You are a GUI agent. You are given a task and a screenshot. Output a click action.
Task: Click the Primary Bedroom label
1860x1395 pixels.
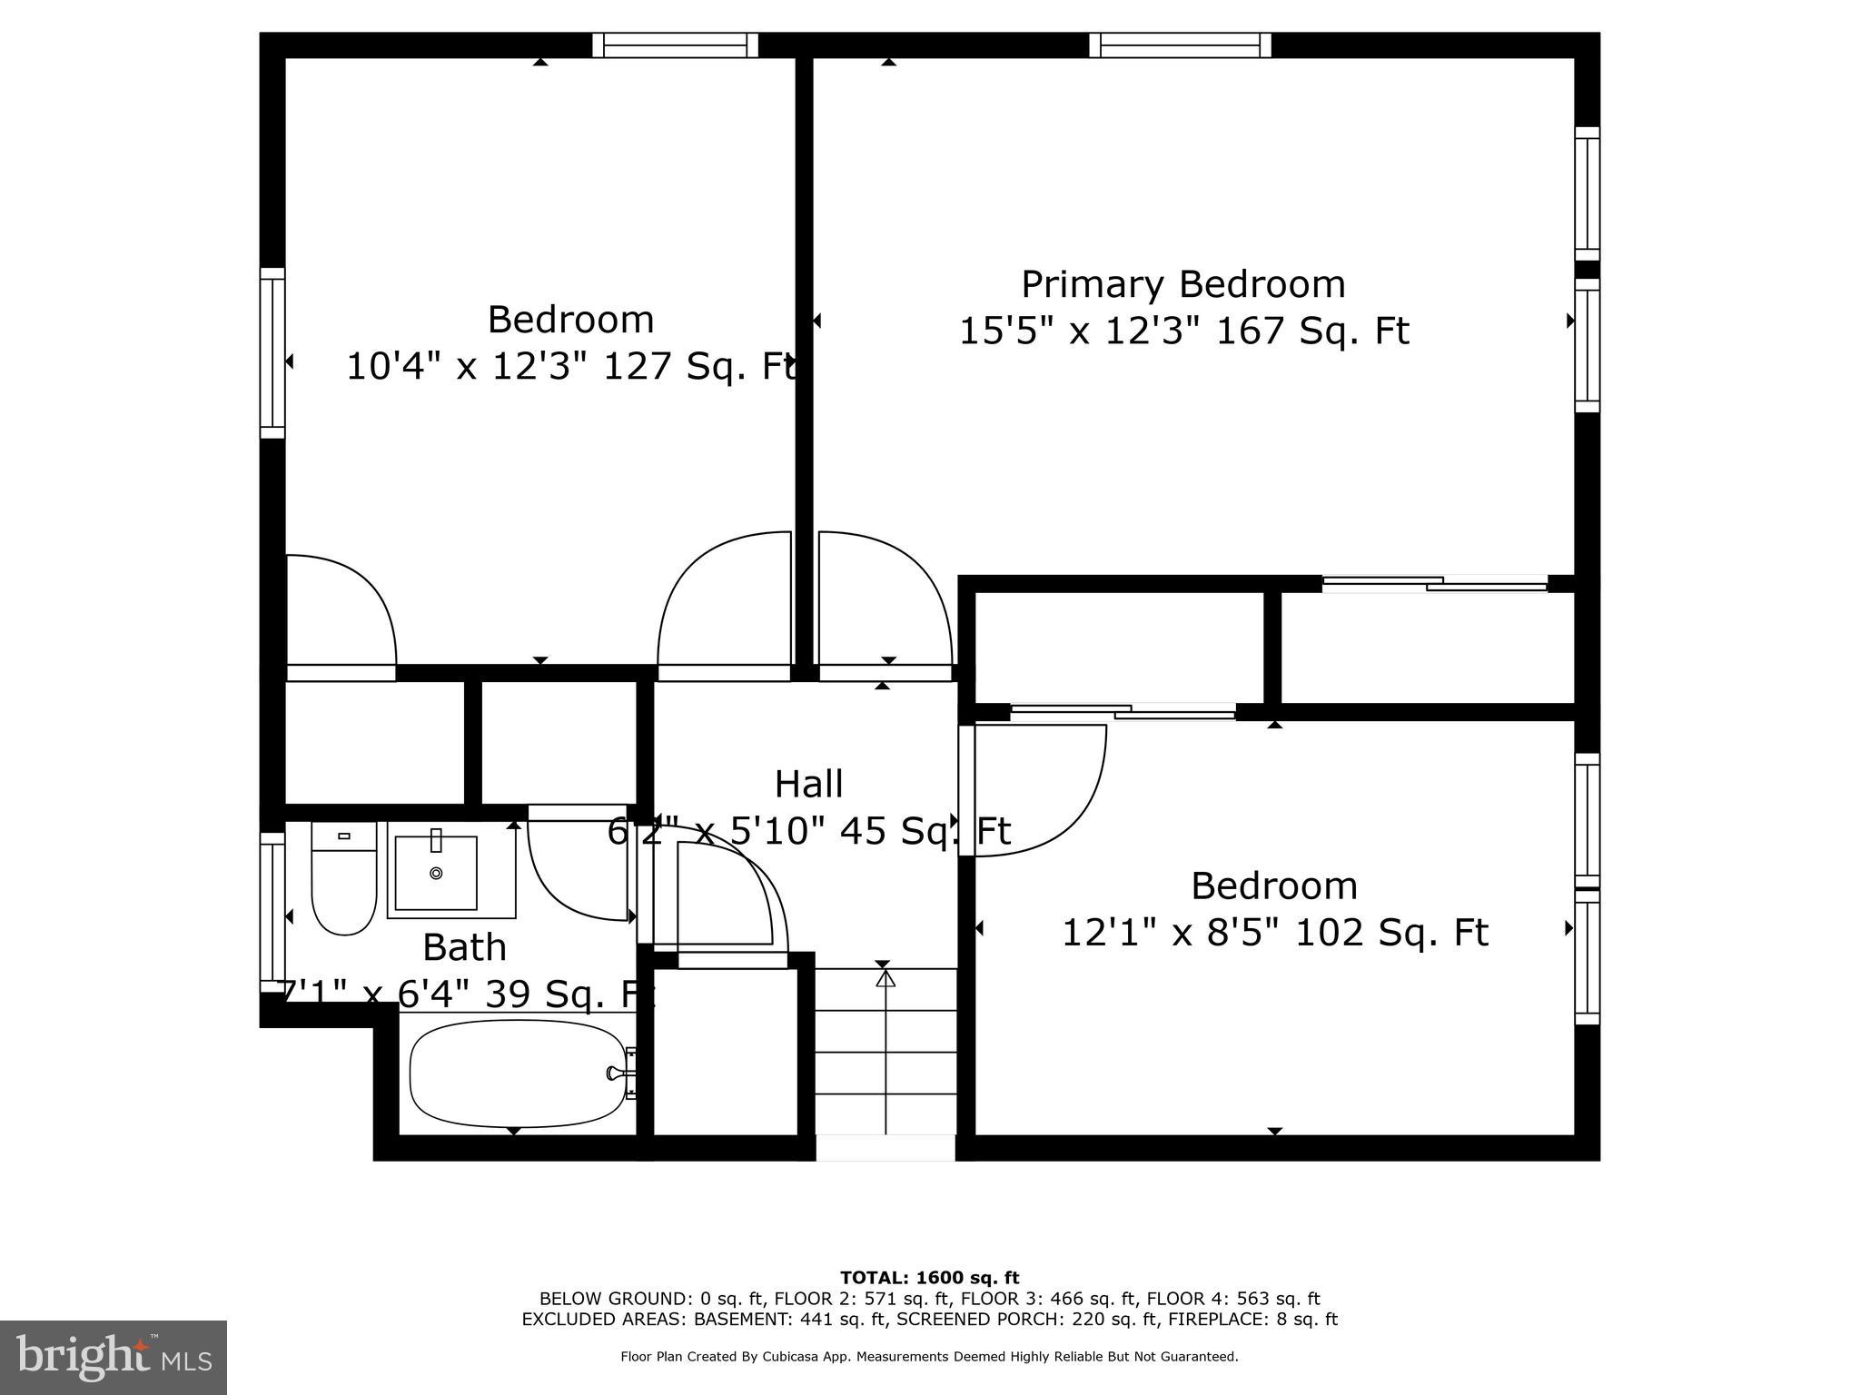click(x=1182, y=284)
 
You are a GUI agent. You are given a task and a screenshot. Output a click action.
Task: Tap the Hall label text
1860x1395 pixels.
click(x=808, y=784)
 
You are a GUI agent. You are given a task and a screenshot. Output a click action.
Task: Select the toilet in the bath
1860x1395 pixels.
click(x=343, y=880)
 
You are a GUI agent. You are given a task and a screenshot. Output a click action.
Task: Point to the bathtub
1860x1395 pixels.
click(x=518, y=1073)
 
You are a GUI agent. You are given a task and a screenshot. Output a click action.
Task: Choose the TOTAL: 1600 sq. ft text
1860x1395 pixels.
click(x=929, y=1278)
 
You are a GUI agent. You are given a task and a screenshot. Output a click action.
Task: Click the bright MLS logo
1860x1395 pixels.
click(x=114, y=1357)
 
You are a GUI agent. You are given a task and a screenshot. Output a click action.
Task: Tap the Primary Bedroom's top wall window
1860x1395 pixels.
click(x=1180, y=45)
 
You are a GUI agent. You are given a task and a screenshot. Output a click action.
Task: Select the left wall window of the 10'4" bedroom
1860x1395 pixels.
click(x=272, y=352)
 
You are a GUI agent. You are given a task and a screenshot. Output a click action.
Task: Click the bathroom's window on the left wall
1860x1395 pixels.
click(x=272, y=912)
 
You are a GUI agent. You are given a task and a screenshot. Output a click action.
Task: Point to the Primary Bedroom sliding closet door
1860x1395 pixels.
click(x=1435, y=584)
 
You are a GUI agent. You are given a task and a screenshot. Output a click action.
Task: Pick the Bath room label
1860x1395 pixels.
click(x=464, y=947)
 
